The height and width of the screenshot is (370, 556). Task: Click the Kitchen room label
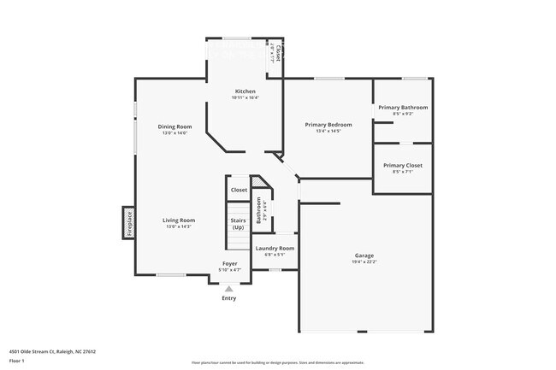coord(245,91)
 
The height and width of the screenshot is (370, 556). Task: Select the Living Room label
coord(179,220)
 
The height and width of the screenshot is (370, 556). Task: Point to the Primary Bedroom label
coord(328,125)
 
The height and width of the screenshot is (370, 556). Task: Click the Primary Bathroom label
coord(403,107)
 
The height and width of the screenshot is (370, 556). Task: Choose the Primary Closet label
coord(402,165)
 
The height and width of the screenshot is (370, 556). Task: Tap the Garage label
coord(364,255)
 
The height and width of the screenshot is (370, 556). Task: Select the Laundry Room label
coord(275,248)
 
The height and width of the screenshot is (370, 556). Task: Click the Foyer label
coord(229,263)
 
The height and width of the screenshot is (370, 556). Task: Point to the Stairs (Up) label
coord(238,224)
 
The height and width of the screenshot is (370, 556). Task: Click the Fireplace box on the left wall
coord(129,222)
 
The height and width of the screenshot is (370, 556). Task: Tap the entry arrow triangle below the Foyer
coord(228,289)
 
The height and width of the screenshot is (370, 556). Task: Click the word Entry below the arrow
coord(229,298)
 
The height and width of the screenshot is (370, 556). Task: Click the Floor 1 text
coord(17,360)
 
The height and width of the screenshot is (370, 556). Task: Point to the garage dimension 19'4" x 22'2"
coord(364,262)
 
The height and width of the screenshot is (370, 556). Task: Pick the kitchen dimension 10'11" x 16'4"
coord(245,98)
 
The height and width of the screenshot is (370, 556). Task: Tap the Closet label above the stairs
coord(239,190)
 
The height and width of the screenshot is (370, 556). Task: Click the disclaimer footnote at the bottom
coord(277,362)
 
